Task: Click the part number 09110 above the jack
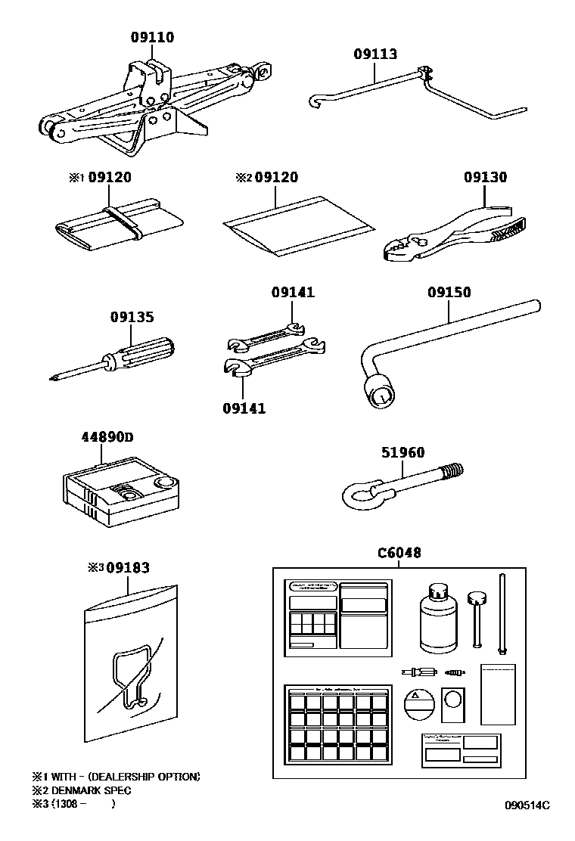152,36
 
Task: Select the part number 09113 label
375,54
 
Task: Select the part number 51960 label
402,453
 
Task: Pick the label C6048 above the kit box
399,553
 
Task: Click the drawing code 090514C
527,805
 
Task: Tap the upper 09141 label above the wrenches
293,293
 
